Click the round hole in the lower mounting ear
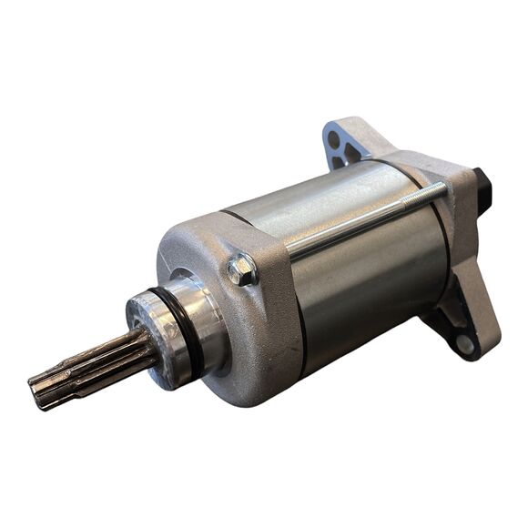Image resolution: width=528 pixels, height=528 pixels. click(463, 344)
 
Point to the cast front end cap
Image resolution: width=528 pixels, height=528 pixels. click(246, 328)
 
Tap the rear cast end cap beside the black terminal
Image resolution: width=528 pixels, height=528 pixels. click(460, 218)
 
